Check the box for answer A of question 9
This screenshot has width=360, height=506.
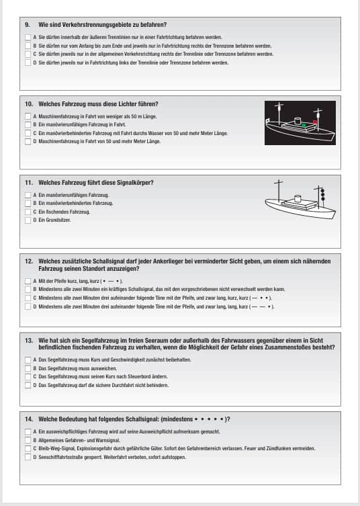point(28,38)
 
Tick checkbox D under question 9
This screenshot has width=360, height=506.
point(28,62)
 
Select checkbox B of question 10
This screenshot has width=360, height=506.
point(28,124)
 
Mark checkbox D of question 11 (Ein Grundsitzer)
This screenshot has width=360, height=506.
point(28,220)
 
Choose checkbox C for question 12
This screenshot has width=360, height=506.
point(28,298)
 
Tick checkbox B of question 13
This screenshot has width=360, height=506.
point(28,368)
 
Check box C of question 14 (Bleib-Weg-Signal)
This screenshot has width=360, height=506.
point(28,449)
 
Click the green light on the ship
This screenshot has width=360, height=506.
point(304,125)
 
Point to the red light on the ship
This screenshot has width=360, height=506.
point(315,122)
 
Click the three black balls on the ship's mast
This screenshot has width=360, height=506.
point(322,195)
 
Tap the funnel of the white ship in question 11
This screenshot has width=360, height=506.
point(298,198)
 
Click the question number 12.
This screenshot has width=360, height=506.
point(29,261)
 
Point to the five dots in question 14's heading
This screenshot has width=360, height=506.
point(209,419)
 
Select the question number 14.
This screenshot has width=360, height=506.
point(29,419)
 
